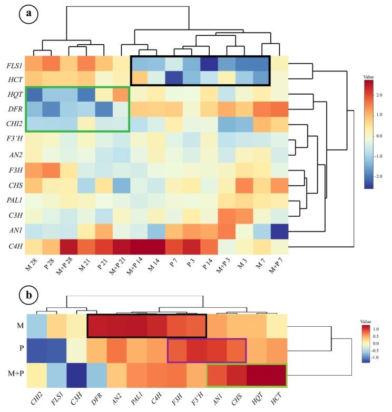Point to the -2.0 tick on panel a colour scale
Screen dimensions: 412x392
378,175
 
